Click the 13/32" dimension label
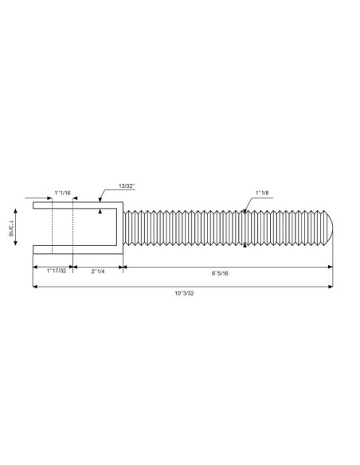coord(127,186)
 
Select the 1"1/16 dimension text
coord(63,193)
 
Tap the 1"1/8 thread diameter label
coord(262,193)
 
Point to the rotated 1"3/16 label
coord(11,228)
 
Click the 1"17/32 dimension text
coord(57,271)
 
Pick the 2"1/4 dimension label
coord(98,272)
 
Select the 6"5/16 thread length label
coord(220,273)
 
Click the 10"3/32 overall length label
coord(184,293)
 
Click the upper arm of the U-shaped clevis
coord(78,205)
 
